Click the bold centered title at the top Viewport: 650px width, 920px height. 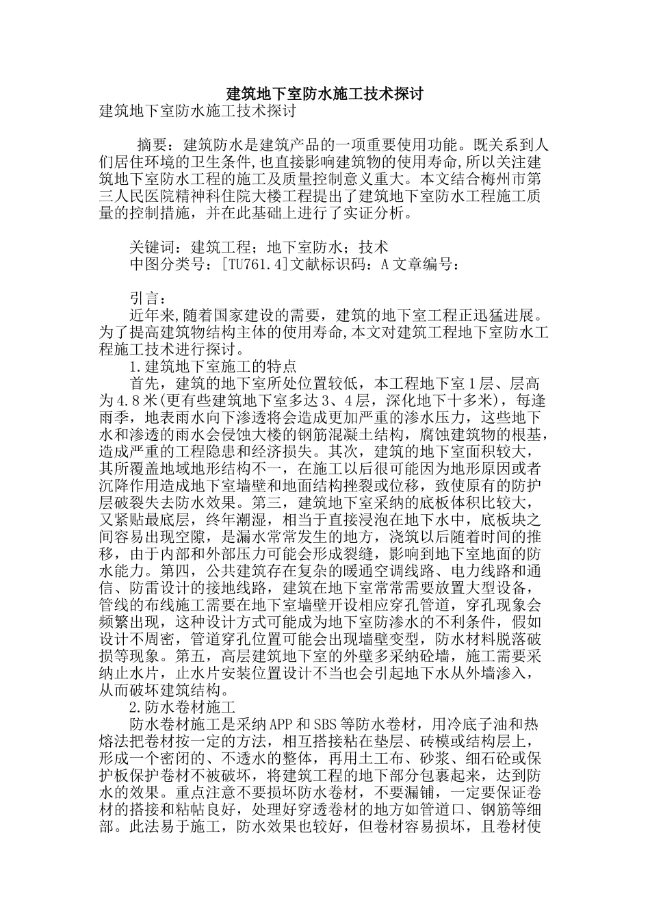tap(325, 94)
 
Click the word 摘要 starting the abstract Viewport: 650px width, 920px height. tap(152, 145)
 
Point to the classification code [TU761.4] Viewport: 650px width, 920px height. tap(255, 265)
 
